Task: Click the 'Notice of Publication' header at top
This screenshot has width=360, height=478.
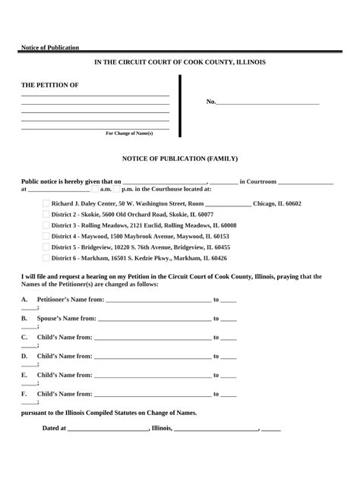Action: point(50,48)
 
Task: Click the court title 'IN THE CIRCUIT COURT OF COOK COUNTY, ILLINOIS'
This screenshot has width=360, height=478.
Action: point(179,61)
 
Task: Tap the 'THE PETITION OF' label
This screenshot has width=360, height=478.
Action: point(49,85)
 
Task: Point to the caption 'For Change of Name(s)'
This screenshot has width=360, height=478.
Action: point(129,133)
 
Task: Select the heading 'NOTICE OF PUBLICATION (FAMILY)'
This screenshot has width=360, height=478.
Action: point(180,159)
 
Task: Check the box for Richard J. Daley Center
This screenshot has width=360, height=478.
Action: point(46,204)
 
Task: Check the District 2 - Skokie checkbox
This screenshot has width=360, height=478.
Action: point(46,215)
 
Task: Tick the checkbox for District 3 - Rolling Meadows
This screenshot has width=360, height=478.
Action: point(46,225)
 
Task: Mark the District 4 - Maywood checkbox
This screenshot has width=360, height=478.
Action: point(46,236)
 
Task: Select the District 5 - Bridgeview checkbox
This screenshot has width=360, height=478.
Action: point(46,247)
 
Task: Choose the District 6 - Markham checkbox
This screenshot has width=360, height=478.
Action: point(46,257)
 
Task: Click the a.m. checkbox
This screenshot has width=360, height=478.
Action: point(94,190)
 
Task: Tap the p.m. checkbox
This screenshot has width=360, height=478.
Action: point(116,190)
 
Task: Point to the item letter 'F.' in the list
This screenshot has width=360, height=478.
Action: point(25,394)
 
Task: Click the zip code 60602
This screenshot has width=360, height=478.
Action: point(288,204)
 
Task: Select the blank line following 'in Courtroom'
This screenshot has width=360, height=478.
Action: point(305,182)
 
